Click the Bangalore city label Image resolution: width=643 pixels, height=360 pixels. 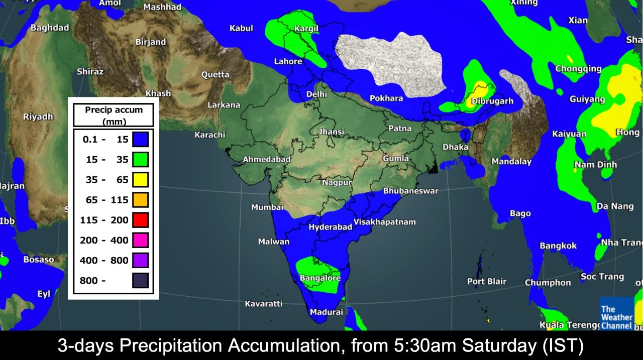[x=320, y=278]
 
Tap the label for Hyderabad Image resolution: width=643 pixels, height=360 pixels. [x=330, y=227]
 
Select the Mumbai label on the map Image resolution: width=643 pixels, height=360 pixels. [x=267, y=207]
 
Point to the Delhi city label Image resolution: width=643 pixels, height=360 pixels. [x=316, y=94]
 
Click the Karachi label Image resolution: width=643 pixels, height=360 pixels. [x=210, y=135]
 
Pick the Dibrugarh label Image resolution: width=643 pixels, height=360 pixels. [x=492, y=101]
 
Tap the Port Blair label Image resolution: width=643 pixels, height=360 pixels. [x=487, y=281]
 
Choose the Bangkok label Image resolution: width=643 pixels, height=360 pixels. [x=558, y=246]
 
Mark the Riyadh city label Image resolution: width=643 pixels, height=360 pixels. [x=38, y=116]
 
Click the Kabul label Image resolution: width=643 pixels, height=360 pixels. [x=241, y=28]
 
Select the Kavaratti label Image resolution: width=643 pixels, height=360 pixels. [x=263, y=303]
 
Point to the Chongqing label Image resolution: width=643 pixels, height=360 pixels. [x=578, y=69]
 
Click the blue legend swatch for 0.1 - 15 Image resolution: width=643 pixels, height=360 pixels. [x=140, y=139]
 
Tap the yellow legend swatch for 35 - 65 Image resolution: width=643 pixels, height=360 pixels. [x=140, y=179]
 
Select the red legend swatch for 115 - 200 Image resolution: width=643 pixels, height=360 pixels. [x=140, y=220]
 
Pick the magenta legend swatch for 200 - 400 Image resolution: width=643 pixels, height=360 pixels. [x=140, y=240]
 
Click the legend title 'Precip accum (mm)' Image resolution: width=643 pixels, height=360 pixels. [x=113, y=115]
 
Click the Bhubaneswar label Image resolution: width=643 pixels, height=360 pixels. [x=410, y=191]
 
